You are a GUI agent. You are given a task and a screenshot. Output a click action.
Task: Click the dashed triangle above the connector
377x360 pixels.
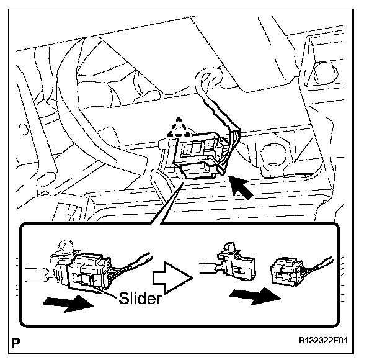point(179,128)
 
